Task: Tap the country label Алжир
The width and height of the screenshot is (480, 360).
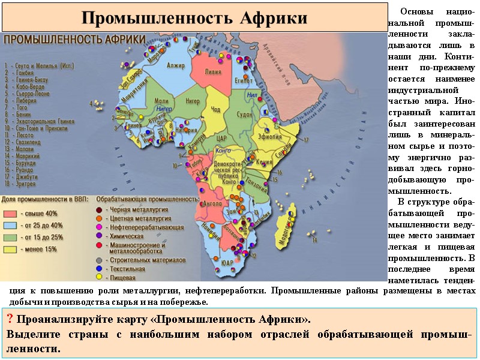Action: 176,65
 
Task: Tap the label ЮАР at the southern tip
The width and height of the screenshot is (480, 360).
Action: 226,263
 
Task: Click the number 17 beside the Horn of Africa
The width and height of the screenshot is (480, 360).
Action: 307,140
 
